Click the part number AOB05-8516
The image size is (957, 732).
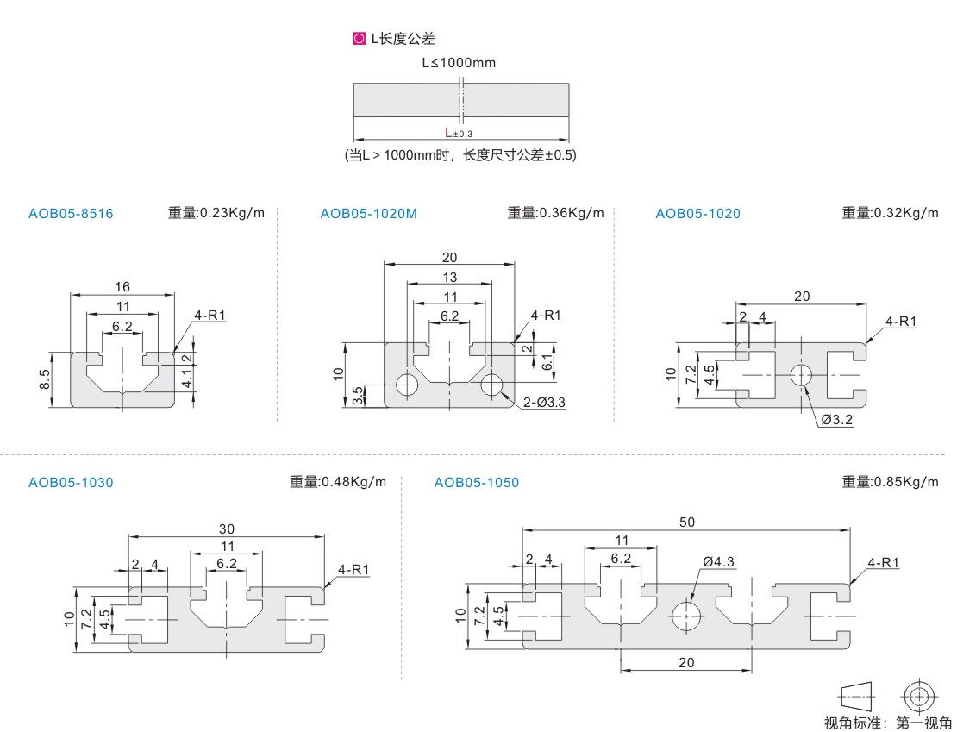coord(71,214)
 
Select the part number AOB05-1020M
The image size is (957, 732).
coord(368,214)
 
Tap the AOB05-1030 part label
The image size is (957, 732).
coord(71,483)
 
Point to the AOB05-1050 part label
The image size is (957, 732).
coord(477,483)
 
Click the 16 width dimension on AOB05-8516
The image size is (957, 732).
coord(122,286)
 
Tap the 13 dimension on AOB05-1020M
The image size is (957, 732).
coord(449,277)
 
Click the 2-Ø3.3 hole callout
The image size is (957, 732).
coord(543,402)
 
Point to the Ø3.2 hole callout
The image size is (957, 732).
coord(837,420)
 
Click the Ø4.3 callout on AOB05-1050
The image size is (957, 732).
coord(718,561)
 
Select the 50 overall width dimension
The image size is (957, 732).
coord(686,522)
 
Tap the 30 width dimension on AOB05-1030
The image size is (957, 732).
coord(227,529)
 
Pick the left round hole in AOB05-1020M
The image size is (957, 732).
coord(406,385)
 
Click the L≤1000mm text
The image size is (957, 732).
coord(459,63)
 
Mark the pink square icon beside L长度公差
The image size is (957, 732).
coord(359,39)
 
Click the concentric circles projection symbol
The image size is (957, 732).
coord(919,695)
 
